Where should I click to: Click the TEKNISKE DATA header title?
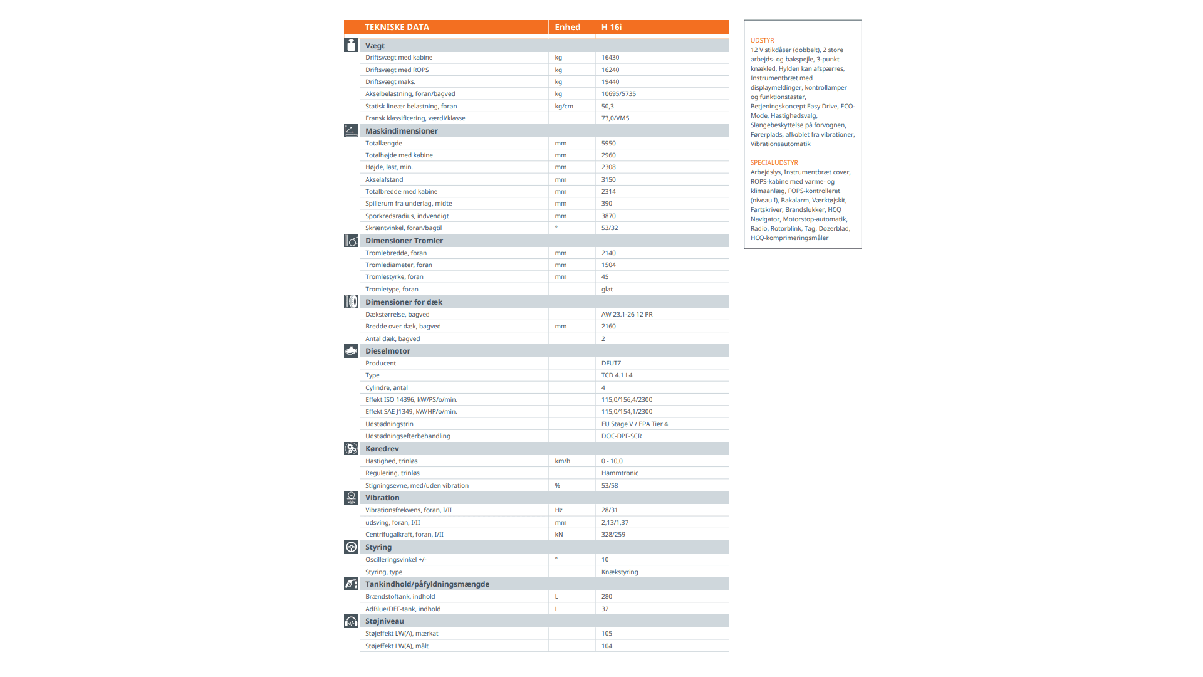[x=397, y=27]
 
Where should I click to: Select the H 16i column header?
[x=611, y=27]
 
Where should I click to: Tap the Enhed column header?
[x=567, y=27]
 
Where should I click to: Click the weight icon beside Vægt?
[x=351, y=45]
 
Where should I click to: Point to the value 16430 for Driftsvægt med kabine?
[x=610, y=58]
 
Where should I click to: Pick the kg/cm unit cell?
[x=563, y=107]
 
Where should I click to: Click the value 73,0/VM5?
[x=615, y=118]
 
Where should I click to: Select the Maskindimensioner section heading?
[x=401, y=131]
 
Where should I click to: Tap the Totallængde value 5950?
[x=608, y=144]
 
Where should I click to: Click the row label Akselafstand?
[x=384, y=180]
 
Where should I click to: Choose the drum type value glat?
[x=607, y=290]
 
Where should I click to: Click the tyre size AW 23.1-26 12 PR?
[x=627, y=315]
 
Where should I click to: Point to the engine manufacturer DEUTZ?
[x=611, y=364]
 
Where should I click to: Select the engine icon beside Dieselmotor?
[x=351, y=351]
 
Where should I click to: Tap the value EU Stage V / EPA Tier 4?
[x=634, y=424]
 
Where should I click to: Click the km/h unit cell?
[x=562, y=461]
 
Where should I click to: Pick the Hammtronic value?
[x=619, y=473]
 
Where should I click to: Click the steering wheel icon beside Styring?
[x=351, y=547]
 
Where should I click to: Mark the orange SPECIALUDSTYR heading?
[x=774, y=163]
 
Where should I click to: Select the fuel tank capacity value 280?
[x=606, y=597]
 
